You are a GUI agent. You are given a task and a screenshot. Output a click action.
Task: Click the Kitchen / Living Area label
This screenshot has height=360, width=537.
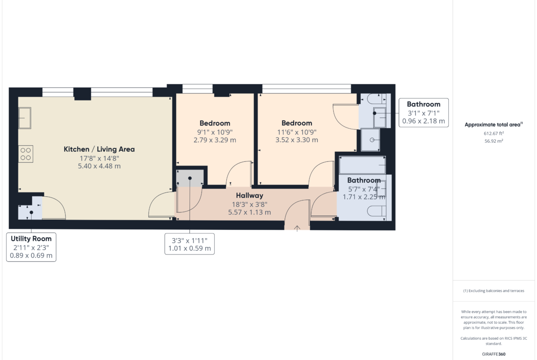tap(99, 149)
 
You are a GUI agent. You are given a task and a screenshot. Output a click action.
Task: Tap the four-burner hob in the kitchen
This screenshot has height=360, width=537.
tap(26, 154)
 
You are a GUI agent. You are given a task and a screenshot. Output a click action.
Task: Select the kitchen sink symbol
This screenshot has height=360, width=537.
tap(25, 118)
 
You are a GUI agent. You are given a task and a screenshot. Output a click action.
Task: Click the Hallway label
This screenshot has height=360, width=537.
tap(249, 195)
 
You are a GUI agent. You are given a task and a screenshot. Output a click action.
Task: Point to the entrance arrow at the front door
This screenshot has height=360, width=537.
tap(297, 228)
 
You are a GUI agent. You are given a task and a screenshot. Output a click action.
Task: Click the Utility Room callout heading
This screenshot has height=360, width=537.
tap(31, 238)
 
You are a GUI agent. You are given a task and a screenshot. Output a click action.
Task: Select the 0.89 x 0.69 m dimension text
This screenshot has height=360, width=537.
tap(31, 255)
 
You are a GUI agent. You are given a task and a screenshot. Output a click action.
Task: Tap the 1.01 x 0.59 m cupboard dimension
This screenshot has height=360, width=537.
tap(190, 249)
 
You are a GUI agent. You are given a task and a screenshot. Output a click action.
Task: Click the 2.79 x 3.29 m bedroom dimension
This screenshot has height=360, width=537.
tap(215, 140)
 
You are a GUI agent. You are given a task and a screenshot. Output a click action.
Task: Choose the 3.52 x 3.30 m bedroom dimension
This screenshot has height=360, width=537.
tap(296, 140)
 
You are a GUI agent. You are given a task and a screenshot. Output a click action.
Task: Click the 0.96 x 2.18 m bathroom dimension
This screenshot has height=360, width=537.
tap(424, 121)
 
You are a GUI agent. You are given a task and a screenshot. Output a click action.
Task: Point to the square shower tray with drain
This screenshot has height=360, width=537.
tap(370, 139)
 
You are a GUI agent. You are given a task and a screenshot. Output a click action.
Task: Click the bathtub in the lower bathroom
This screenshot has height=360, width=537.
tap(362, 165)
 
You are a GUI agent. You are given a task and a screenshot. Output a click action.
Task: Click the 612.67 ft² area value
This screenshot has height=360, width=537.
tap(493, 133)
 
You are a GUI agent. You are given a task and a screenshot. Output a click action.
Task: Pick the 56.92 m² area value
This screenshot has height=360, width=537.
tap(493, 141)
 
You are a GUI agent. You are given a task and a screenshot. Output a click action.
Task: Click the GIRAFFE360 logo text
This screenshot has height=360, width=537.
tap(493, 354)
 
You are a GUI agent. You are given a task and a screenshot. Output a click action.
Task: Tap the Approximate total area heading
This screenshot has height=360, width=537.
tap(493, 125)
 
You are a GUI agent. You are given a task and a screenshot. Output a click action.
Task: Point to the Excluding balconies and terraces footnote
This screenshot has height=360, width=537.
tap(493, 291)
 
